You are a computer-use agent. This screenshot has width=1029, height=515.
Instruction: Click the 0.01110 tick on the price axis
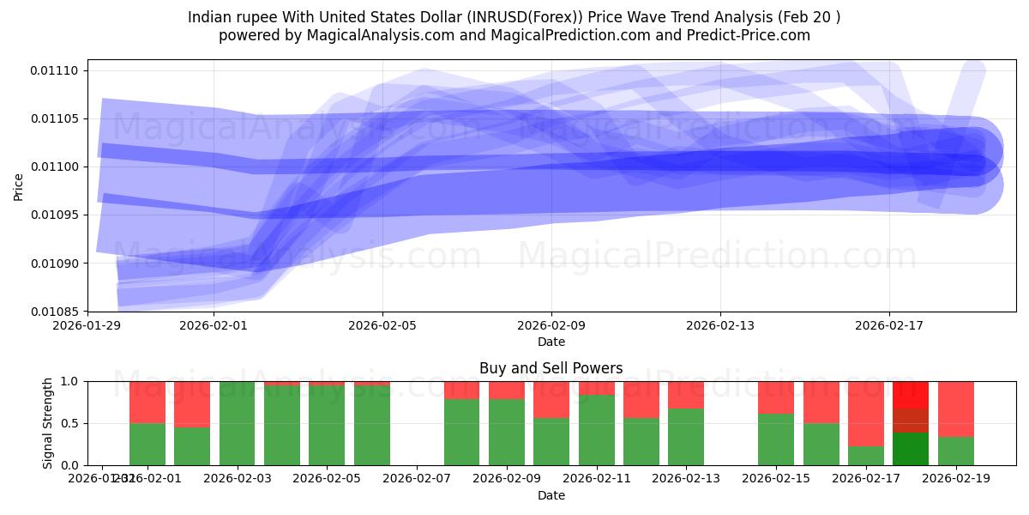[x=56, y=70]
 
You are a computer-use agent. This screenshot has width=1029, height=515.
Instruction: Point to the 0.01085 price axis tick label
[x=56, y=312]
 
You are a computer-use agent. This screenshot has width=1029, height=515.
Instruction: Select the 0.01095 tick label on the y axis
[x=56, y=215]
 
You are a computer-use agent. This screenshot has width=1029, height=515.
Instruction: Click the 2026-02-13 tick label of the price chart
[x=720, y=326]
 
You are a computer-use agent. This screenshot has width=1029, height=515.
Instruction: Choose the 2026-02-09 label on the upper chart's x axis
[x=551, y=326]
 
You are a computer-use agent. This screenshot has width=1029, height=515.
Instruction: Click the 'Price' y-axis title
[x=19, y=185]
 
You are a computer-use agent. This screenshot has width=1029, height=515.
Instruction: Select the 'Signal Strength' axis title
[x=48, y=422]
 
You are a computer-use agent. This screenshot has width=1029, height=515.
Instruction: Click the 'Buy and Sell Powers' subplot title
[x=551, y=368]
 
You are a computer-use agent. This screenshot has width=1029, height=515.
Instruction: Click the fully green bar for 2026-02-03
[x=237, y=423]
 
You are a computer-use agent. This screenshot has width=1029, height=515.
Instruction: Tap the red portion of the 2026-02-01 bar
[x=147, y=402]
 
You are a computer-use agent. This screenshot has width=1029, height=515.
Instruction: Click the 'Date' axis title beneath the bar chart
[x=551, y=495]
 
